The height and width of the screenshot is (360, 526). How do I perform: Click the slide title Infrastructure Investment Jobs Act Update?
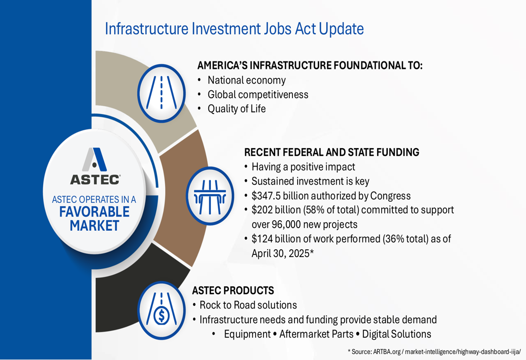[x=234, y=29]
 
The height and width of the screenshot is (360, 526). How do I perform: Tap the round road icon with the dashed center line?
[x=161, y=93]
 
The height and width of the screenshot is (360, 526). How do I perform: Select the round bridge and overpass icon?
[x=210, y=196]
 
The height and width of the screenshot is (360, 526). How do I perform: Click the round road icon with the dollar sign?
[x=161, y=310]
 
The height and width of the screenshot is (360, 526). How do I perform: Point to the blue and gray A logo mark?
[x=95, y=160]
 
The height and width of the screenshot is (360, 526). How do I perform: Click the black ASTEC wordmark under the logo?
[x=95, y=180]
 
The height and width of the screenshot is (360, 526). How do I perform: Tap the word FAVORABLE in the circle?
[x=94, y=212]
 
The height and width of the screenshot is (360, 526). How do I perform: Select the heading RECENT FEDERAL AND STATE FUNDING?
[x=332, y=152]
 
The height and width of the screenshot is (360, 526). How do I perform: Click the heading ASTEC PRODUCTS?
[x=233, y=290]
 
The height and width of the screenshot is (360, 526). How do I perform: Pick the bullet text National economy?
[x=247, y=80]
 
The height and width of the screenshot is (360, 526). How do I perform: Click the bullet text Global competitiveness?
[x=258, y=95]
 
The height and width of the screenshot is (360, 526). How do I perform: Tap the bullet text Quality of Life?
[x=237, y=109]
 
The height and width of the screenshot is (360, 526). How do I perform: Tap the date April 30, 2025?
[x=280, y=253]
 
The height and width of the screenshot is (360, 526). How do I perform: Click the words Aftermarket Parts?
[x=316, y=334]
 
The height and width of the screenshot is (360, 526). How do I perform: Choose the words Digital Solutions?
[x=397, y=334]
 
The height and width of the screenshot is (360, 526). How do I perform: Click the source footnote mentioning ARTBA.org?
[x=434, y=352]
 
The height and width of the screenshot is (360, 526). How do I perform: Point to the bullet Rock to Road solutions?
[x=248, y=305]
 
